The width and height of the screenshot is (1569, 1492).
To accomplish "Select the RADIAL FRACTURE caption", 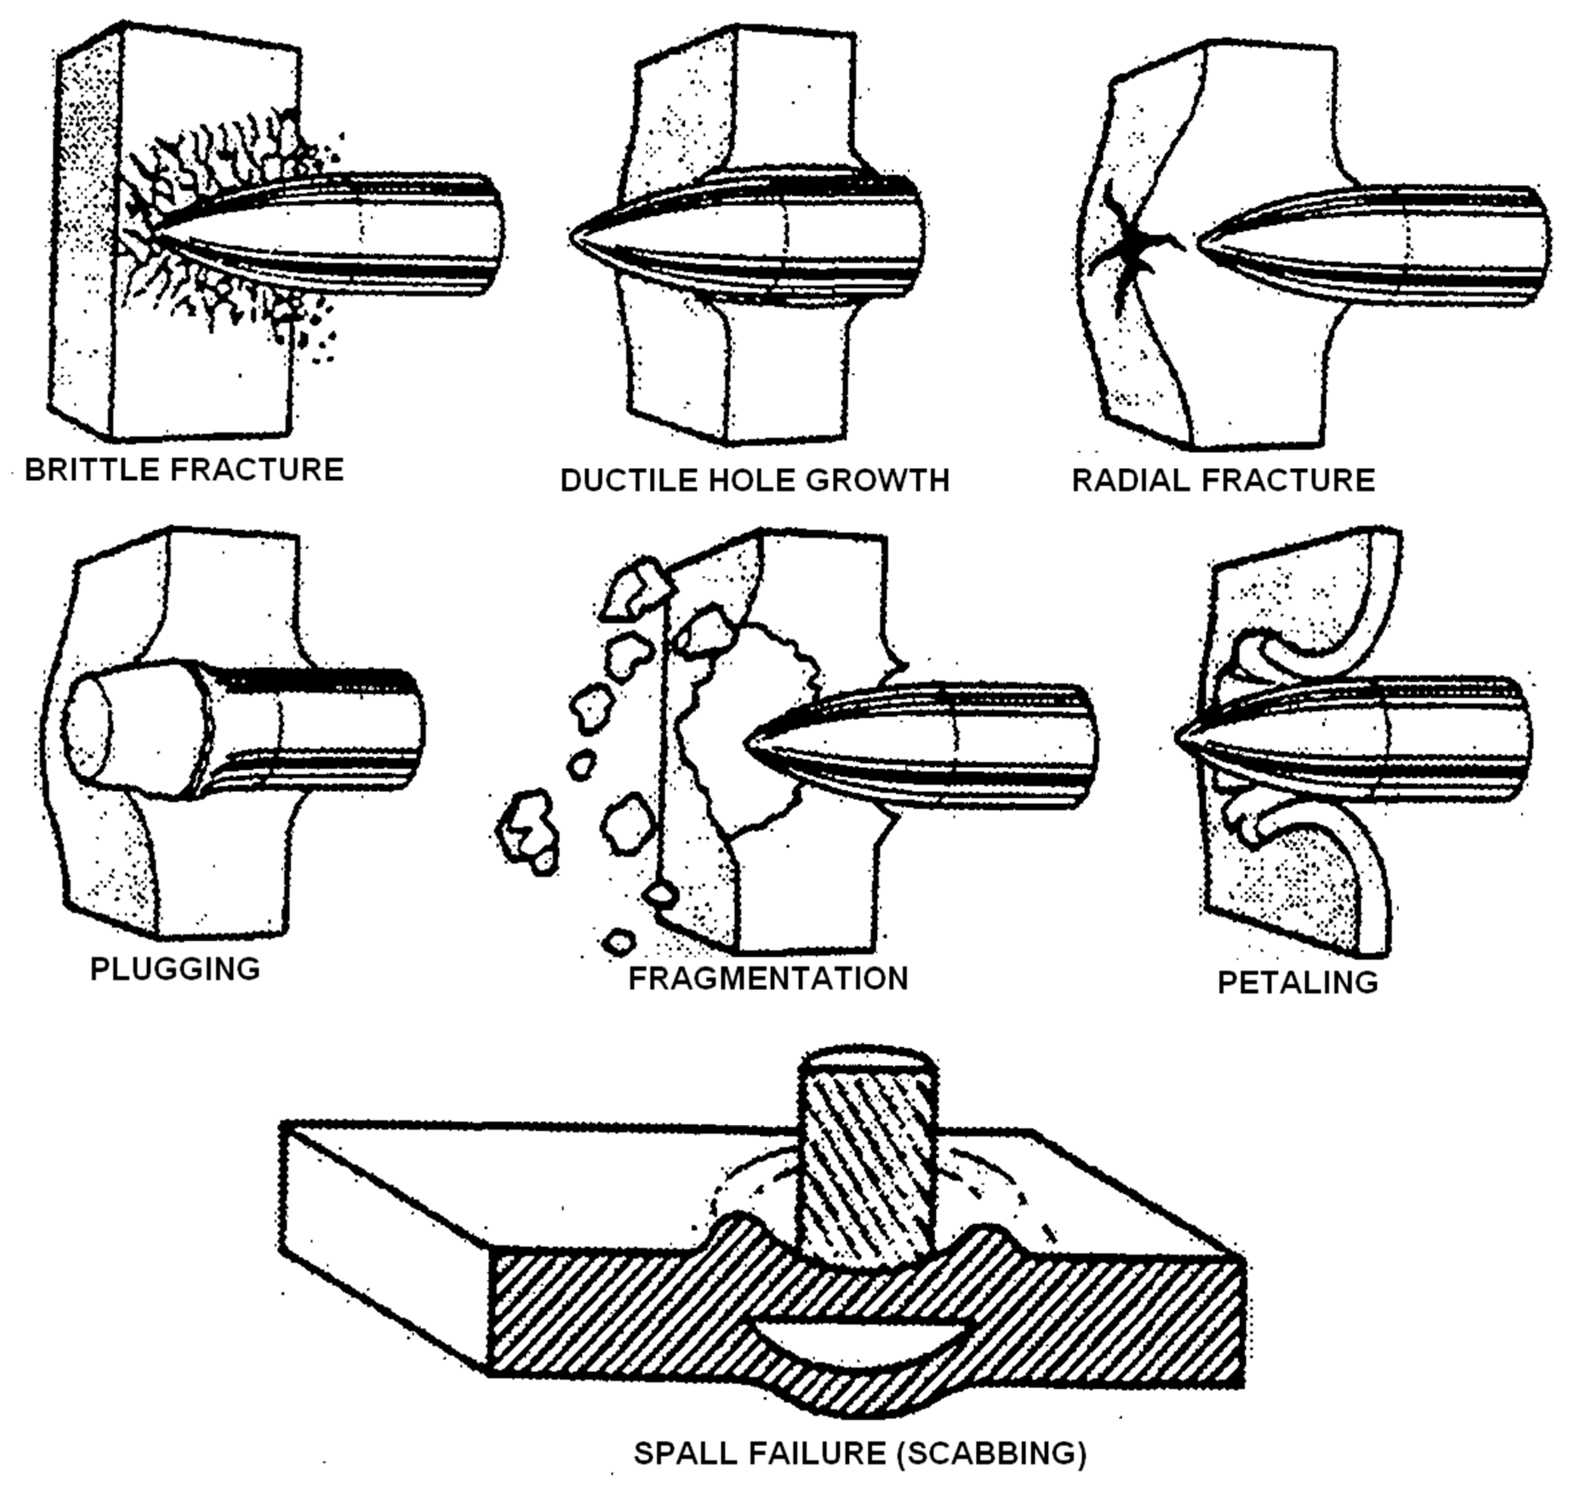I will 1223,480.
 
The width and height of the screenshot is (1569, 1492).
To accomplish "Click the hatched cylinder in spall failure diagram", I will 867,1169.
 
